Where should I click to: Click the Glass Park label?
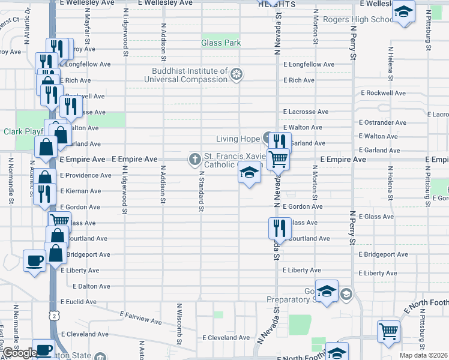coord(221,43)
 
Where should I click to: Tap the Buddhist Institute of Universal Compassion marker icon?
coord(237,74)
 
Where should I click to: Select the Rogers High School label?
coord(358,19)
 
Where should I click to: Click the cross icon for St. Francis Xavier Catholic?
coord(194,160)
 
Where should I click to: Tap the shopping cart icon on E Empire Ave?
coord(279,159)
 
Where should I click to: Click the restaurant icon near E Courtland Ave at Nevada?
coord(279,227)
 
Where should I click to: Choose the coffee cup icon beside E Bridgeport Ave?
coord(35,260)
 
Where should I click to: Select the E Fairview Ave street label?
coord(140,317)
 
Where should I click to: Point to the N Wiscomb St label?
coord(179,324)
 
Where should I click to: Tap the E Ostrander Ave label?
coord(383,122)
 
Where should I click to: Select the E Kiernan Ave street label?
coord(80,191)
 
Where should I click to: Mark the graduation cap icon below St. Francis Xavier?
coord(250,173)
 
